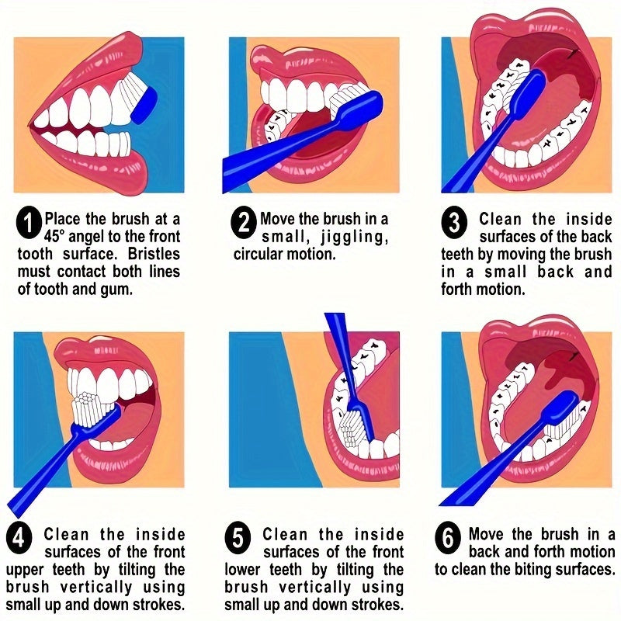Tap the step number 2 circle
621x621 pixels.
244,224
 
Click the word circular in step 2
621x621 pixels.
262,254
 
